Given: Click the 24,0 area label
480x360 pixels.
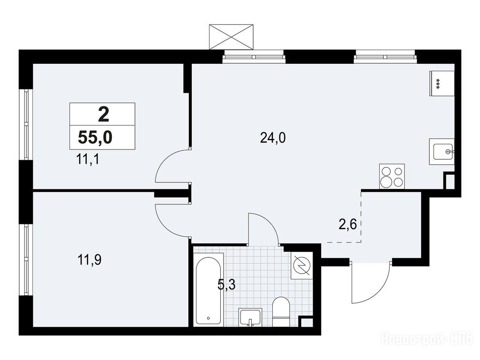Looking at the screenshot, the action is (x=273, y=138).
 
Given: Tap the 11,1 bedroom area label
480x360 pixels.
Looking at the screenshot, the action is (x=88, y=159).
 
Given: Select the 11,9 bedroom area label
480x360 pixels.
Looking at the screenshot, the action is (x=90, y=260).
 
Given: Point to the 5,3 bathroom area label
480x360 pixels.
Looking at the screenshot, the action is (x=226, y=285).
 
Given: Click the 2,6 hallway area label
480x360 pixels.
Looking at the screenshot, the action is (x=348, y=225).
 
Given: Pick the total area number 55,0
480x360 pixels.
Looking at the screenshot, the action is (x=95, y=137).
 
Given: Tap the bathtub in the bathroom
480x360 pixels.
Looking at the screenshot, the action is (x=208, y=291).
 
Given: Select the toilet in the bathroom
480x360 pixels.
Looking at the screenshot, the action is (x=281, y=311).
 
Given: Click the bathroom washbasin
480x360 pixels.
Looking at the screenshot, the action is (x=250, y=317).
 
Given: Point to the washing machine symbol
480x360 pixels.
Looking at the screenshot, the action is (x=301, y=265).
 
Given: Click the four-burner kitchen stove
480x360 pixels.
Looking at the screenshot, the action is (x=392, y=177).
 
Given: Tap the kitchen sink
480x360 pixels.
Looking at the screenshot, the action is (x=442, y=151).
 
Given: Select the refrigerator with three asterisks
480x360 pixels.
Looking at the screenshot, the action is (x=442, y=83).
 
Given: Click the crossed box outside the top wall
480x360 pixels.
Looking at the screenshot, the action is (x=232, y=37).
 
